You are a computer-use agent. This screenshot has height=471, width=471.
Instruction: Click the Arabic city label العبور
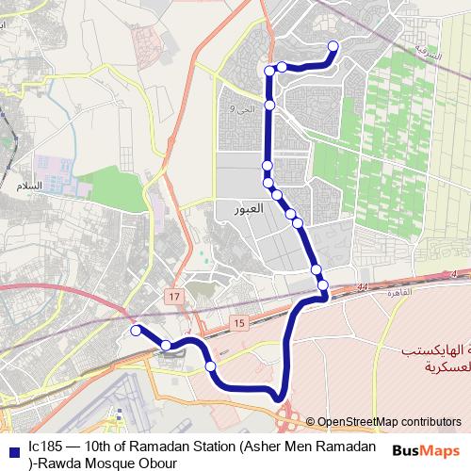click(x=272, y=208)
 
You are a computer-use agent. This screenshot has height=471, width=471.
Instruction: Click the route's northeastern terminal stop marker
click(x=333, y=45)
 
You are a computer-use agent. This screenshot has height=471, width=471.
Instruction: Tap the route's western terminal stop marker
click(x=136, y=330)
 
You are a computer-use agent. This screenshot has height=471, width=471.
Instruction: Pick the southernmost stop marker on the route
click(x=210, y=365)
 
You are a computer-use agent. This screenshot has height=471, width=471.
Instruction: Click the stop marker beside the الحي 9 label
click(x=269, y=105)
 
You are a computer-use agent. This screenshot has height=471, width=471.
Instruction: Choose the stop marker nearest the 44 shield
click(x=322, y=284)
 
